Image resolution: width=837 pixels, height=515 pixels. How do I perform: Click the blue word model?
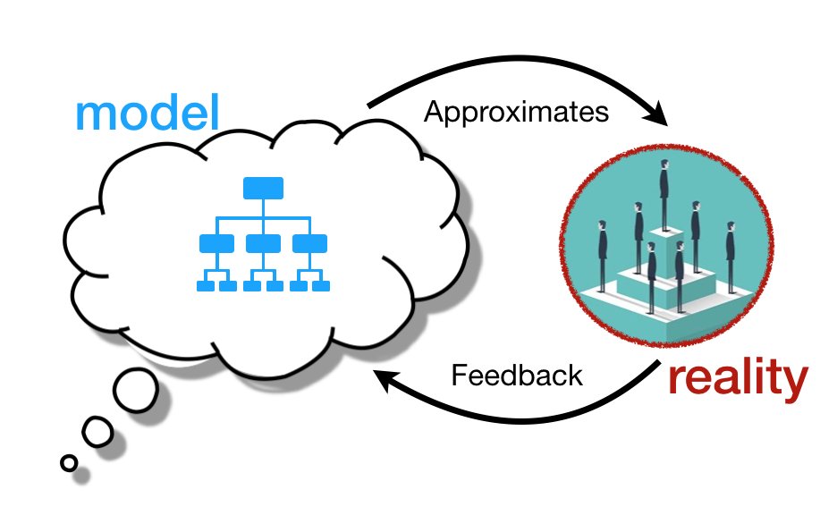pyautogui.click(x=148, y=113)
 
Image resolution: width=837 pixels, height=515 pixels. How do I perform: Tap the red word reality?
pyautogui.click(x=739, y=378)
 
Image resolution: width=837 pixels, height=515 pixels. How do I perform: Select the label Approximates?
pyautogui.click(x=516, y=112)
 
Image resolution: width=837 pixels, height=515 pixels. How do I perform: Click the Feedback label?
pyautogui.click(x=517, y=375)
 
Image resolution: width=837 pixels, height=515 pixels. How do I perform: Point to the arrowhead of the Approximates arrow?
pyautogui.click(x=657, y=114)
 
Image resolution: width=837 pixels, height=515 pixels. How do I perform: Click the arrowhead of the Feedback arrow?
pyautogui.click(x=385, y=379)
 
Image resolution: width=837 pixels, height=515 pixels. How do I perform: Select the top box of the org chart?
pyautogui.click(x=263, y=189)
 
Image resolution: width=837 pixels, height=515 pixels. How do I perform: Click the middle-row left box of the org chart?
pyautogui.click(x=216, y=243)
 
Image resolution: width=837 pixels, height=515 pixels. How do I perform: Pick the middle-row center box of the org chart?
pyautogui.click(x=263, y=243)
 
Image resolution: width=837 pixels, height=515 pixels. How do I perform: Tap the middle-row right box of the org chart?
pyautogui.click(x=309, y=243)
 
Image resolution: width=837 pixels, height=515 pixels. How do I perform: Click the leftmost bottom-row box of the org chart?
pyautogui.click(x=206, y=286)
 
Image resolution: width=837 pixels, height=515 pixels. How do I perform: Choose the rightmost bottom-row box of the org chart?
pyautogui.click(x=321, y=286)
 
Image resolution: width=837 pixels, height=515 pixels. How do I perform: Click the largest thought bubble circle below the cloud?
pyautogui.click(x=136, y=390)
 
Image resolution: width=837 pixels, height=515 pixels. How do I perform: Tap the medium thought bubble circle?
pyautogui.click(x=97, y=432)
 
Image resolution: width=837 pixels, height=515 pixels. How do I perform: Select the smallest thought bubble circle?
pyautogui.click(x=69, y=463)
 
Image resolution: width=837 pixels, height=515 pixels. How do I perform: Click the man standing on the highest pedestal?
pyautogui.click(x=664, y=195)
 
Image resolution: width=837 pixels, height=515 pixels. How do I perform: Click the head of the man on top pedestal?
pyautogui.click(x=664, y=165)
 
